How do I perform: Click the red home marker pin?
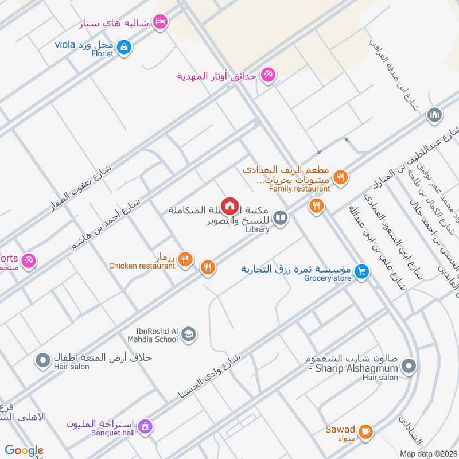pyautogui.click(x=229, y=205)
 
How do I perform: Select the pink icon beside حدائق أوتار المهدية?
pyautogui.click(x=267, y=75)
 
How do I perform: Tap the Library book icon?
pyautogui.click(x=280, y=218)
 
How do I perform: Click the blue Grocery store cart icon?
pyautogui.click(x=361, y=271)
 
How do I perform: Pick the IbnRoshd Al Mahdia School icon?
pyautogui.click(x=189, y=334)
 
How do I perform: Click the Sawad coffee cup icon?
pyautogui.click(x=365, y=430)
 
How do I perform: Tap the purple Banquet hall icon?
pyautogui.click(x=146, y=426)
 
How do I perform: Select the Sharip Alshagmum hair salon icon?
pyautogui.click(x=409, y=365)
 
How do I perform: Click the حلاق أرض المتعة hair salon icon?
pyautogui.click(x=42, y=361)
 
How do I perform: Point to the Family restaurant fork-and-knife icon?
pyautogui.click(x=341, y=177)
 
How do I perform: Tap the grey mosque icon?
pyautogui.click(x=435, y=115)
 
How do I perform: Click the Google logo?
pyautogui.click(x=24, y=450)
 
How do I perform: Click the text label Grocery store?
pyautogui.click(x=328, y=279)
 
